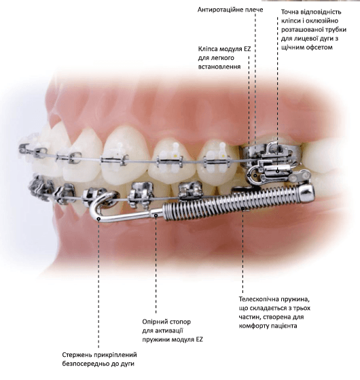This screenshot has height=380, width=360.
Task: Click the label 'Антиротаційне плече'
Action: coord(230,10)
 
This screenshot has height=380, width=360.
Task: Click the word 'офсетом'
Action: coord(319,47)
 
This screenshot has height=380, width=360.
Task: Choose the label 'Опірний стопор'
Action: coord(166,322)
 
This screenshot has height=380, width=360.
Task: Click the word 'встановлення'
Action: coord(219,67)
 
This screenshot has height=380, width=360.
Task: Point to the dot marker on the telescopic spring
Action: coord(242,208)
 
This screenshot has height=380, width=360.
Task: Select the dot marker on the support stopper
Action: coord(156,215)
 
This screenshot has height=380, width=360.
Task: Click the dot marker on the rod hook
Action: coord(98,219)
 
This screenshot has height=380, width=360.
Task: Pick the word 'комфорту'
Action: coord(253,326)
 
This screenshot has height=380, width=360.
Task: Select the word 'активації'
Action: coord(169,331)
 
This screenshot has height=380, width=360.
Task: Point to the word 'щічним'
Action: coord(293,48)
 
